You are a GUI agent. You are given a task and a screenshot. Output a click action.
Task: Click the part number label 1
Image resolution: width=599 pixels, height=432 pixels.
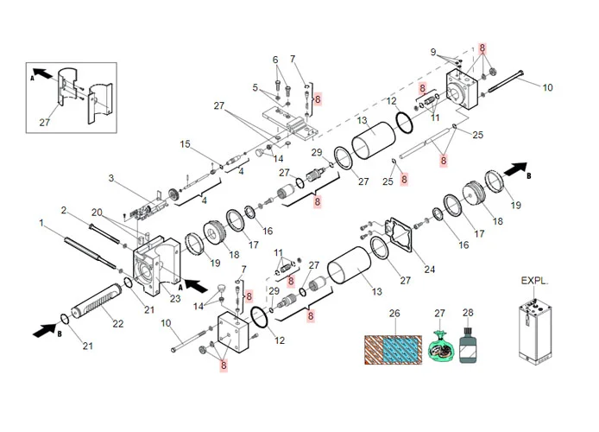pos(41,223)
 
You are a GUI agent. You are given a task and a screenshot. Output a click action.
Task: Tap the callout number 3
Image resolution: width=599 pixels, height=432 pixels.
pos(111,178)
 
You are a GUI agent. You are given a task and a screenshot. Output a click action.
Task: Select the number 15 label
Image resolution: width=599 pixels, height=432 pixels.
pos(184,143)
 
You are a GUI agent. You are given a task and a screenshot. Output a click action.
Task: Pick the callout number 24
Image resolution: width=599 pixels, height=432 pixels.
pos(429,269)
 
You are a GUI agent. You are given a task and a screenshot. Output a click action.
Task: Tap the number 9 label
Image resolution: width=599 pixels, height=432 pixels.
pos(434,52)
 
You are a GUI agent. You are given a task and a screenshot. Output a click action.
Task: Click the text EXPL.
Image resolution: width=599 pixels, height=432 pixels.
pos(535,281)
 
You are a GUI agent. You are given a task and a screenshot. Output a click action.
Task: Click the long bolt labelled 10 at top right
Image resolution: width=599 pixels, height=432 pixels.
pos(508,84)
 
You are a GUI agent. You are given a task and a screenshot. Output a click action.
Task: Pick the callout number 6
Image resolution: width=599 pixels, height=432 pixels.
pos(276,60)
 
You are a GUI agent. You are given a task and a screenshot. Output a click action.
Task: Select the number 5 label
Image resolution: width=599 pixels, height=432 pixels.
pos(255,87)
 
